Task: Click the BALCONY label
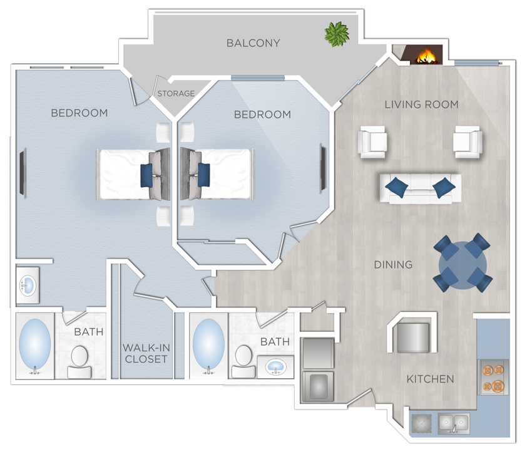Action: coord(253,43)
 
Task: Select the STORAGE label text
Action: coord(176,93)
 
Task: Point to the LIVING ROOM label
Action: coord(421,105)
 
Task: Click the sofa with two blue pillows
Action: coord(419,188)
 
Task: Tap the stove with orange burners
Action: coord(493,377)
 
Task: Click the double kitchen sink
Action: coord(454,423)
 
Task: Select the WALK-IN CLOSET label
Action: coord(146,353)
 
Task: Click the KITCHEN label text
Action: coord(430,379)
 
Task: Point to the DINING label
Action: coord(393,265)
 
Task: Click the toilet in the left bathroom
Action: coord(79,361)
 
